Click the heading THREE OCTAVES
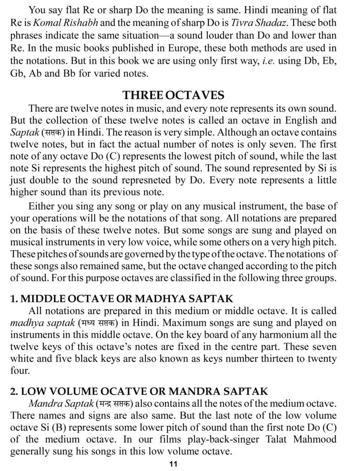point(173,95)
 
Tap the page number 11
point(173,464)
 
